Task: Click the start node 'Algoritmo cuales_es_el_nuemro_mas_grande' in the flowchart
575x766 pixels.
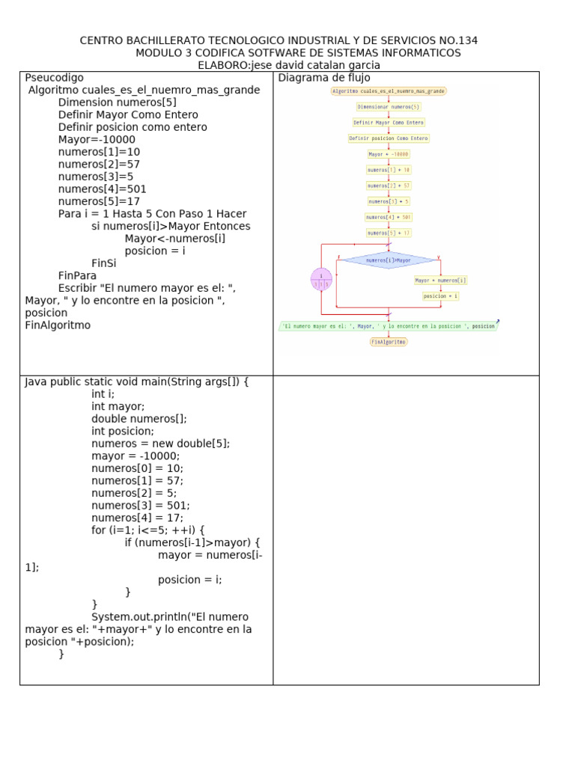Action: click(389, 91)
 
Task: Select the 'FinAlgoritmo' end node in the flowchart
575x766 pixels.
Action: click(389, 341)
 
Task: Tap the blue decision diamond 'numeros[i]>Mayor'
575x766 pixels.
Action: click(389, 260)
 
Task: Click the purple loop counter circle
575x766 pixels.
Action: click(321, 280)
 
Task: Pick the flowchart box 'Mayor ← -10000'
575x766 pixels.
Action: click(389, 154)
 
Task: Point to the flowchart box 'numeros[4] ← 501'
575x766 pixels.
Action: click(389, 217)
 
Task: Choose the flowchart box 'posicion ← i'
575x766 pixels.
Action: click(440, 296)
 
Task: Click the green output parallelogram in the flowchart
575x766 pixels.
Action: click(388, 326)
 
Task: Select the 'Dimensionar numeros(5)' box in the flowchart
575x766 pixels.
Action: click(389, 107)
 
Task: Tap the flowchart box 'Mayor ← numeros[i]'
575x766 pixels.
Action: click(440, 281)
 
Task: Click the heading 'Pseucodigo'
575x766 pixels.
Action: click(54, 78)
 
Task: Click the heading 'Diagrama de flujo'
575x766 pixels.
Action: click(323, 78)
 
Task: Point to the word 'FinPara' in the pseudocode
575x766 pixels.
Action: click(78, 275)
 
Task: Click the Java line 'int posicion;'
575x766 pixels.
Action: click(123, 431)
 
